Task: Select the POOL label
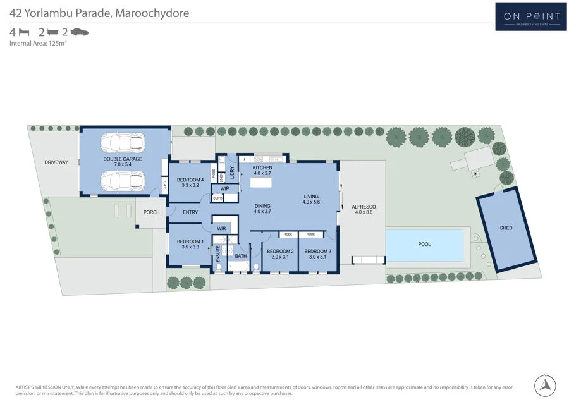[x=424, y=244]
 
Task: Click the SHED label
[x=506, y=228]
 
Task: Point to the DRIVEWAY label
[x=56, y=162]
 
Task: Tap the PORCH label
[x=151, y=212]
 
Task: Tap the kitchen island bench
[x=262, y=182]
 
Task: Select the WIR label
[x=221, y=228]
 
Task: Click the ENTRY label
[x=190, y=212]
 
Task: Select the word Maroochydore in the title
[x=152, y=13]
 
